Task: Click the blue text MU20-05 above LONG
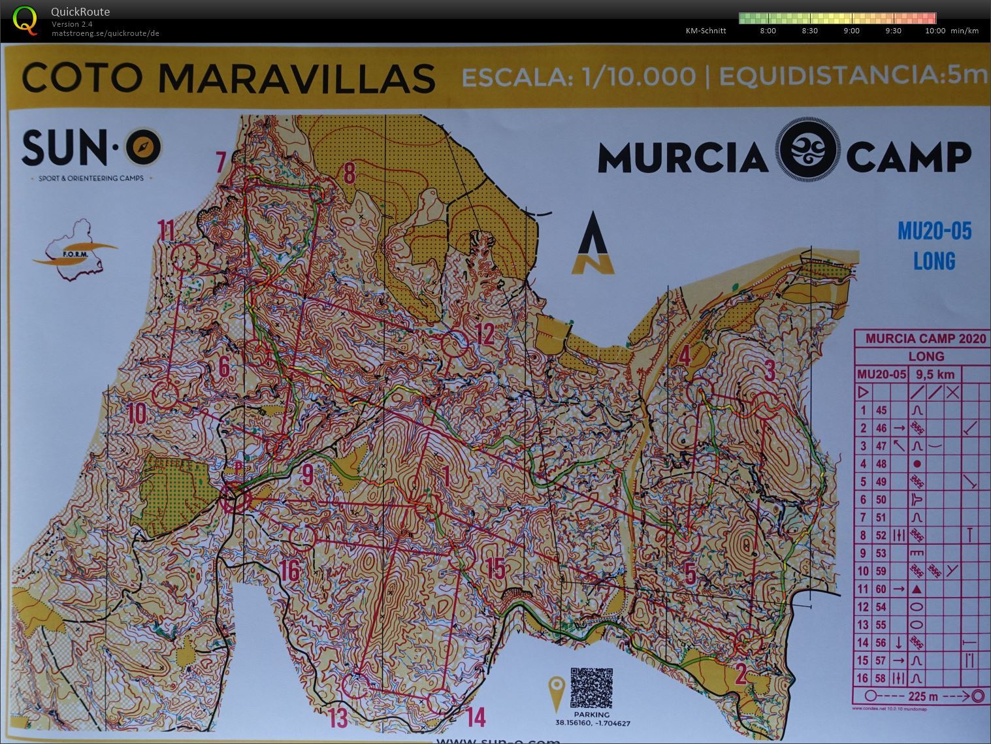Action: point(934,231)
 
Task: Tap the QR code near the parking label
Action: point(591,688)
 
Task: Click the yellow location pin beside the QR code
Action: point(557,694)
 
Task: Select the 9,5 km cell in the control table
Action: point(935,374)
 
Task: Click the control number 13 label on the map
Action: point(338,718)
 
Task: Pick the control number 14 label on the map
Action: point(476,717)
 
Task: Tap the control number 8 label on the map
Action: point(349,174)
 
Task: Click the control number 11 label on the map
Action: point(167,231)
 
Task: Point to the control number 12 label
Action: point(485,334)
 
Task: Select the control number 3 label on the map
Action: point(770,370)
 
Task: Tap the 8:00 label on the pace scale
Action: point(768,31)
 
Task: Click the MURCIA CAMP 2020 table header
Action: point(926,338)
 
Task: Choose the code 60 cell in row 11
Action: point(881,589)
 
